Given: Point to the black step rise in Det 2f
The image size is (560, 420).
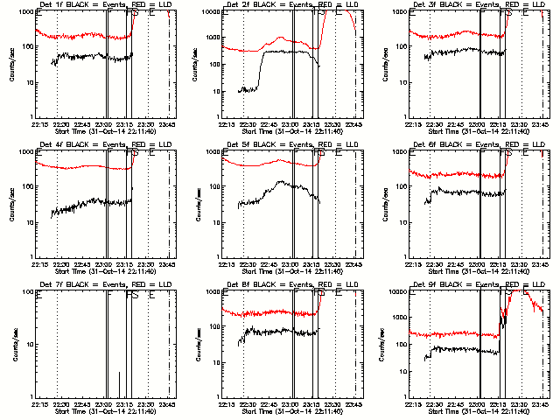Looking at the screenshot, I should coord(260,69).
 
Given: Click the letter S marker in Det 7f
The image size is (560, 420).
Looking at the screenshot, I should coord(135,295).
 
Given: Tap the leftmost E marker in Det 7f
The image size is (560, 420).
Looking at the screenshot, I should coord(38,295).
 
